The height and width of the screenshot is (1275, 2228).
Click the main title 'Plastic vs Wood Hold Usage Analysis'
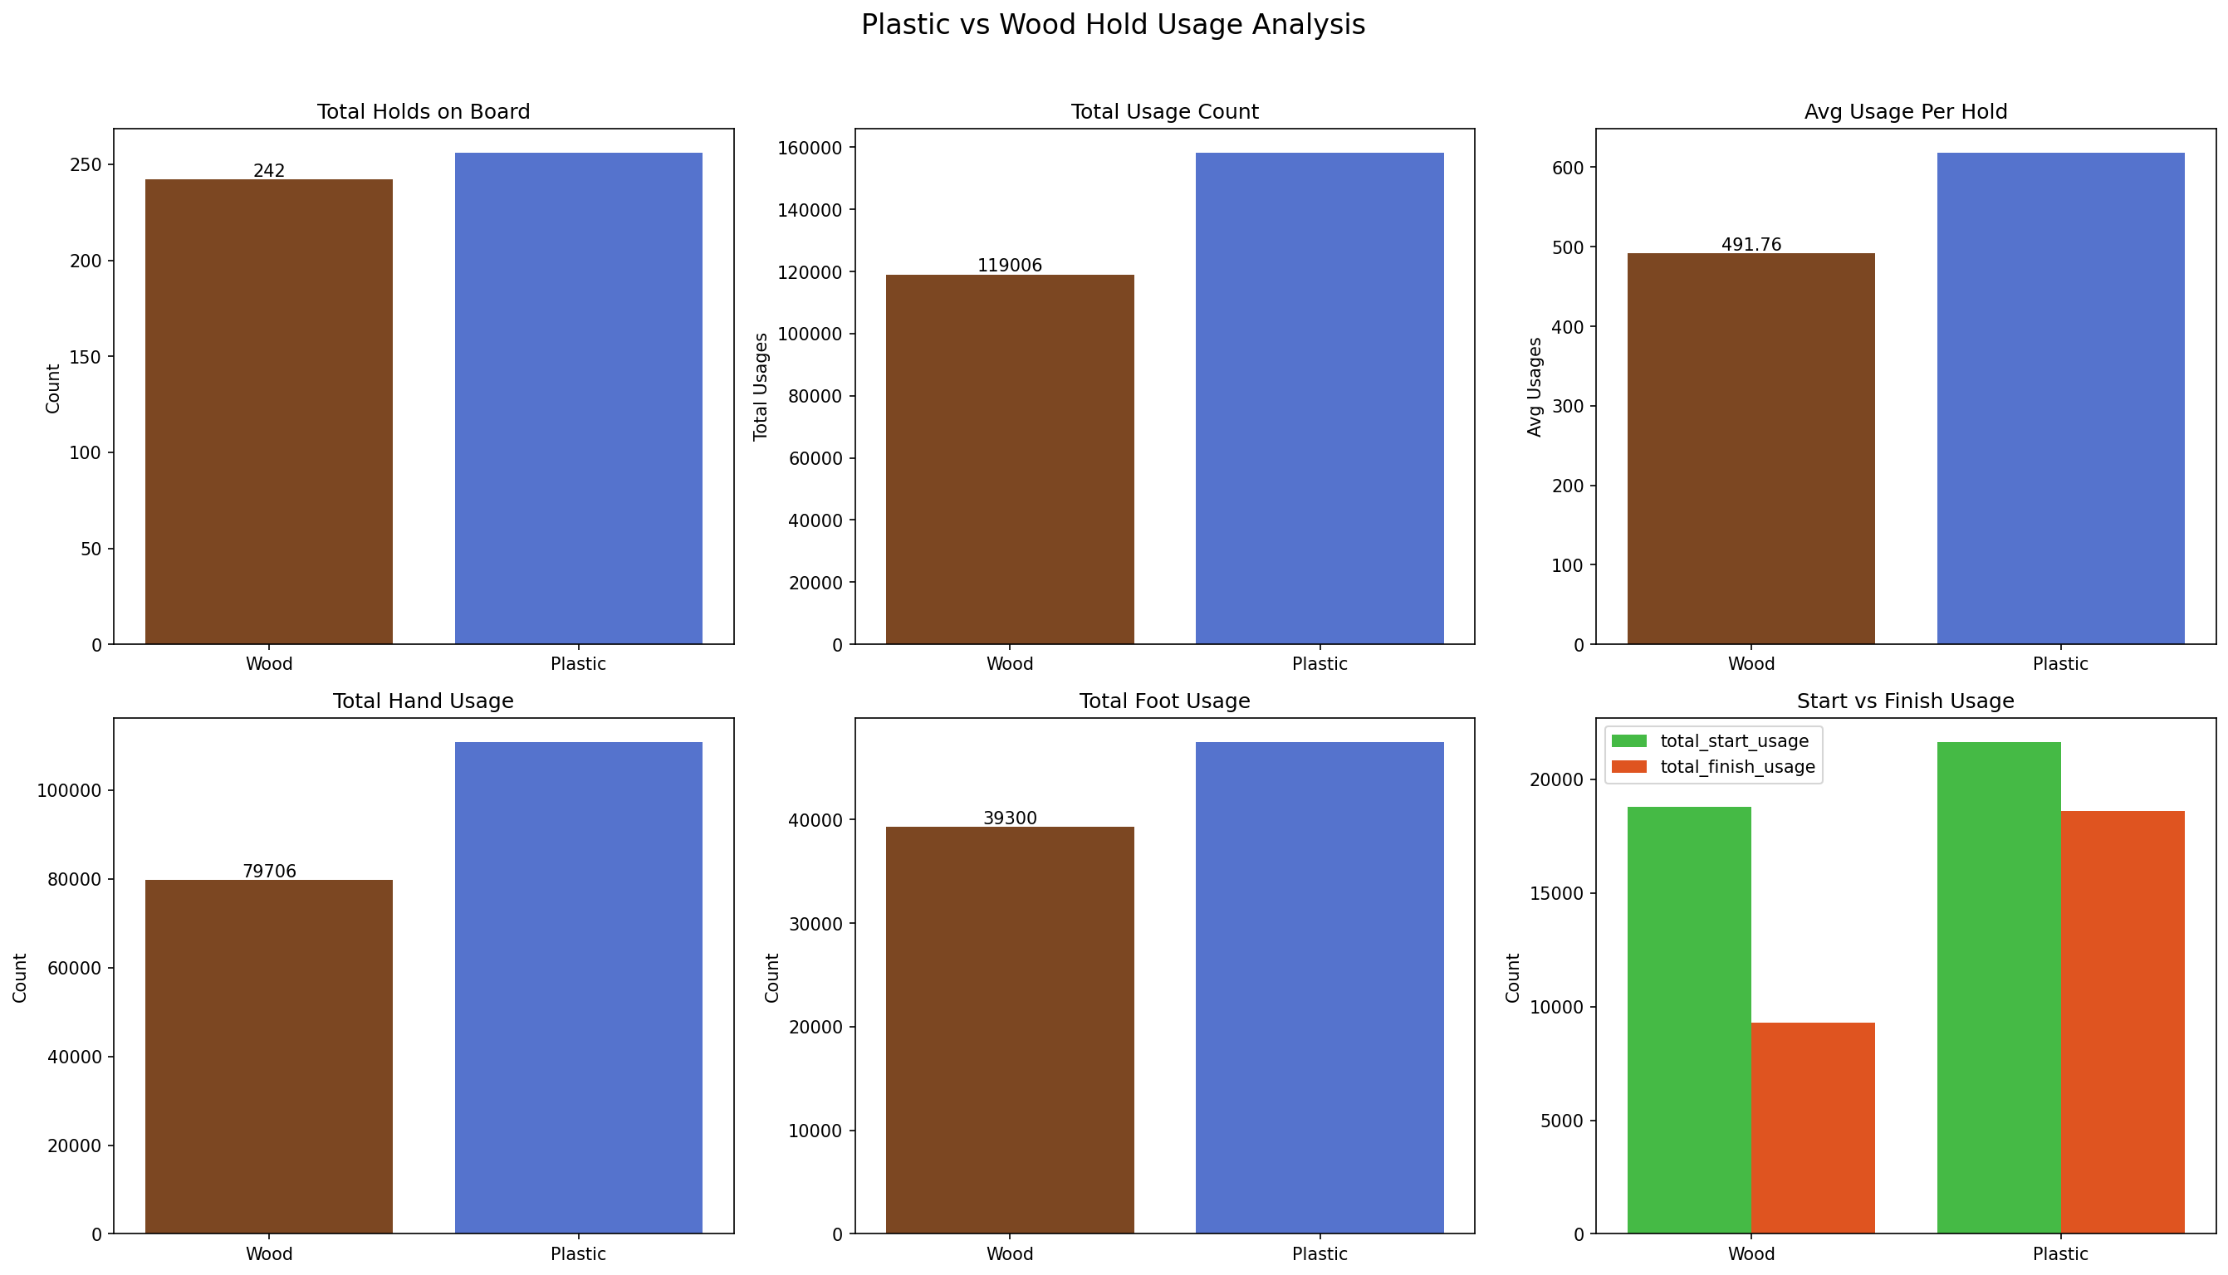pos(1112,25)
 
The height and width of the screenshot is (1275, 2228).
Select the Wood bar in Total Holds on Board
pos(269,412)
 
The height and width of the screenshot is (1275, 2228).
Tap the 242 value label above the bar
pos(269,171)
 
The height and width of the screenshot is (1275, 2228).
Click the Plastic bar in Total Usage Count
pos(1319,398)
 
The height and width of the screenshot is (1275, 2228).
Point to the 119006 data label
pos(1010,266)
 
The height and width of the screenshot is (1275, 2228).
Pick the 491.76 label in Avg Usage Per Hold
pos(1751,245)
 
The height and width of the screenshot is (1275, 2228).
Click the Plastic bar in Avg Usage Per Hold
pos(2060,398)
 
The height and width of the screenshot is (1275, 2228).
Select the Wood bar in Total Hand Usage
pos(269,1056)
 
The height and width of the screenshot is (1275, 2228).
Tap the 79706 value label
pos(269,872)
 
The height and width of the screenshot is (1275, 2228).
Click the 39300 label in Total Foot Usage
pos(1010,818)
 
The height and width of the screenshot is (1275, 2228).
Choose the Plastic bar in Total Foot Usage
pos(1319,988)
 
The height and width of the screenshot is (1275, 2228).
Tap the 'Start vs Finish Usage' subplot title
pos(1905,701)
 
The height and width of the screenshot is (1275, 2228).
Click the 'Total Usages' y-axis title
pos(761,386)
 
